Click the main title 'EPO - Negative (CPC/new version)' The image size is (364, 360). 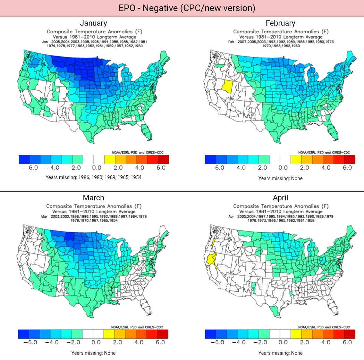[182, 8]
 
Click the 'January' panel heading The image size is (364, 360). [93, 23]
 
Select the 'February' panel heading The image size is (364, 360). [280, 23]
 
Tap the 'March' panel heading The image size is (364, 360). [93, 198]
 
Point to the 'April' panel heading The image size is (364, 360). [280, 198]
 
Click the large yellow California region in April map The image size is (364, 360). [211, 260]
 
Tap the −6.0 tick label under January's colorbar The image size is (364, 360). [31, 168]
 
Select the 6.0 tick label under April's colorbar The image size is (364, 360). [347, 342]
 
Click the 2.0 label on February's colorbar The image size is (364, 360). [304, 168]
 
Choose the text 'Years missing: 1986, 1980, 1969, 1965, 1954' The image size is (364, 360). [93, 177]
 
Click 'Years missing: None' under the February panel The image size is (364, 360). [280, 178]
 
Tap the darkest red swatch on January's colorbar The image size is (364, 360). [163, 159]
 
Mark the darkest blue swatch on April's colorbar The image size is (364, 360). [211, 334]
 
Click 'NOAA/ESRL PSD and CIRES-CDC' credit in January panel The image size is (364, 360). [137, 152]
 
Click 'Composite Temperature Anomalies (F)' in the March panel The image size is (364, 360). [94, 206]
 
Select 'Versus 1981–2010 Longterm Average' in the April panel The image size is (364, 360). [281, 211]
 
